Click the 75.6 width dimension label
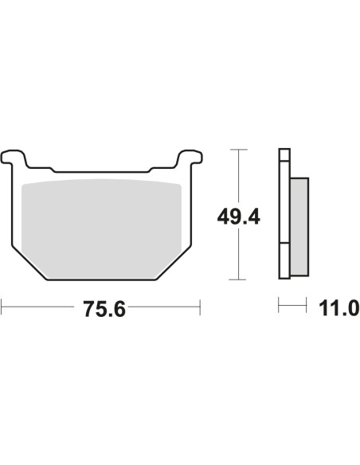(104, 309)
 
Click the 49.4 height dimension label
(239, 217)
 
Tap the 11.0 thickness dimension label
(339, 308)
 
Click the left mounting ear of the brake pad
(14, 157)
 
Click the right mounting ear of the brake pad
(190, 157)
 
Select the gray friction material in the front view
(101, 229)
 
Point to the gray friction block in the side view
(299, 227)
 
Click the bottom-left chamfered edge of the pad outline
(29, 263)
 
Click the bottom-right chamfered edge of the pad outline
(174, 263)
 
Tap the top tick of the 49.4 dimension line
(238, 150)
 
